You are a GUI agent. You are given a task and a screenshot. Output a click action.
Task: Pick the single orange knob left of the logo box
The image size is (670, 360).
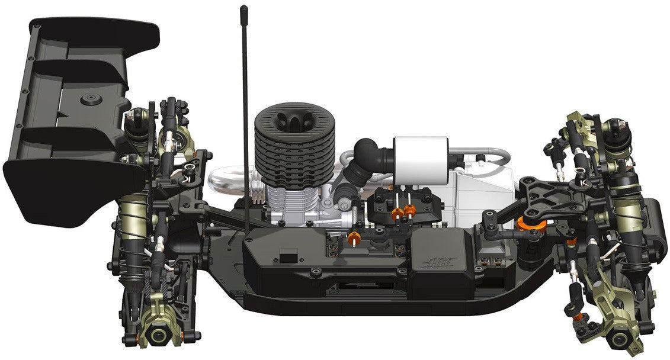354,240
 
